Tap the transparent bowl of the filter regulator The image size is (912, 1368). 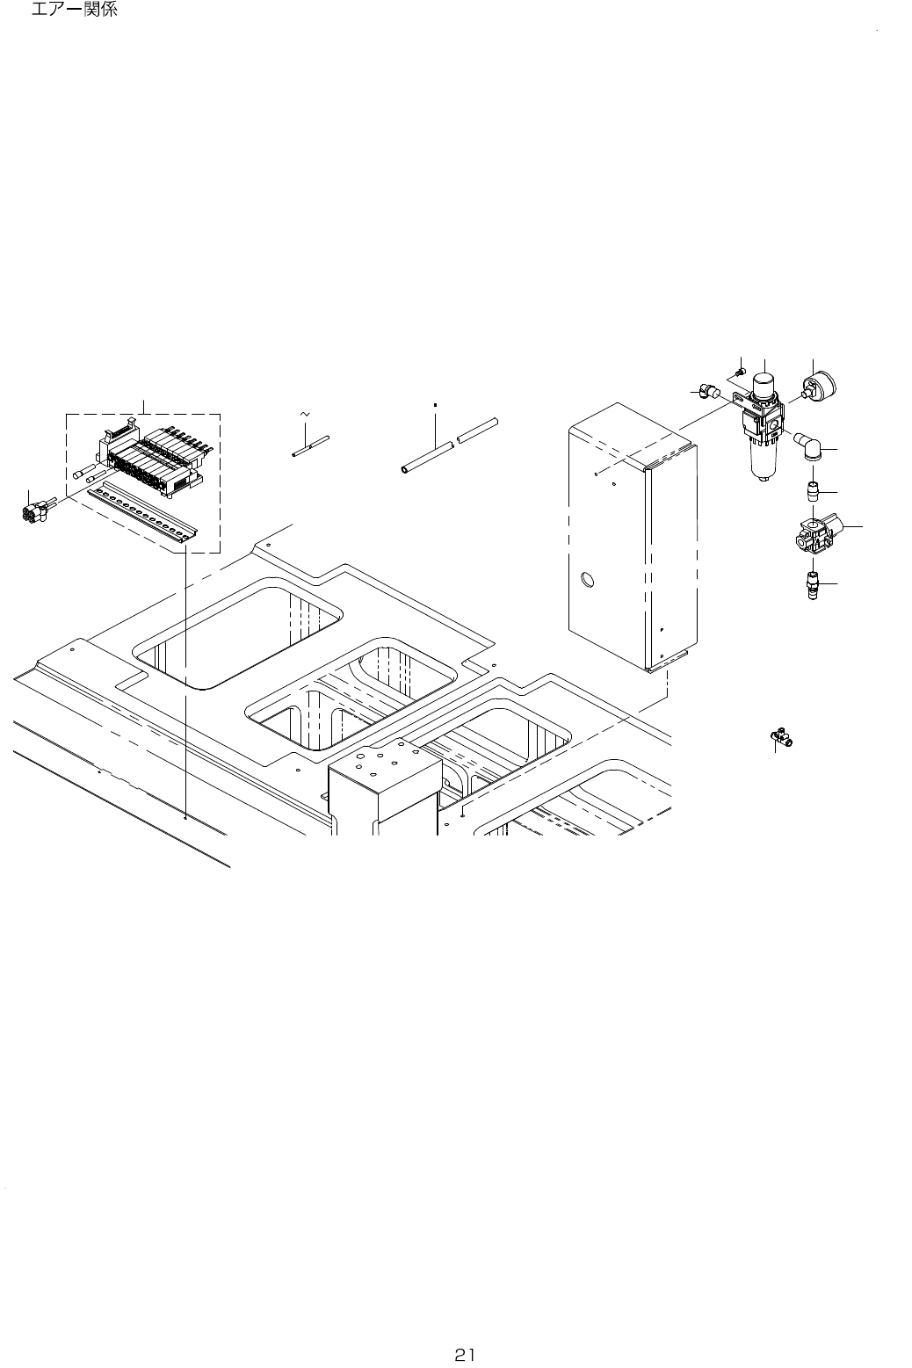[x=762, y=459]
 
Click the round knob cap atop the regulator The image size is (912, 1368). [x=763, y=384]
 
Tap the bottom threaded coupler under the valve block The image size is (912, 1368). [x=814, y=584]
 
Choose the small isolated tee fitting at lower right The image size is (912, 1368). [x=778, y=737]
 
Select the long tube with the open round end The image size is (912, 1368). [x=427, y=458]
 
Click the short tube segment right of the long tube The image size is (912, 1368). [x=478, y=429]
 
